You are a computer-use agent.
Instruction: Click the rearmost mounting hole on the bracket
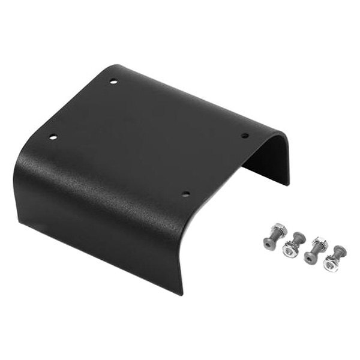pos(113,81)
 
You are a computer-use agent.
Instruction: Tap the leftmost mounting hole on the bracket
pos(53,137)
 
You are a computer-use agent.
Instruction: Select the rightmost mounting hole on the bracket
pos(245,135)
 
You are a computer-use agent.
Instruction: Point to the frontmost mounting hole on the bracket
pos(185,194)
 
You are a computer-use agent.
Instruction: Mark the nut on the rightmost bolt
pos(330,263)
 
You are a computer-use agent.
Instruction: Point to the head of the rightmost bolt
pos(340,250)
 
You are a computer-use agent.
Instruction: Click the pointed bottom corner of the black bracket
pos(181,294)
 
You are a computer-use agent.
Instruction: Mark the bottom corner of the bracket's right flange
pos(289,184)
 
